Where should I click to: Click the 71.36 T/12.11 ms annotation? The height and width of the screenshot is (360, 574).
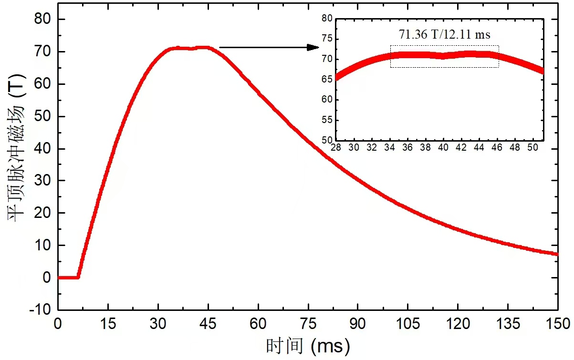(x=445, y=34)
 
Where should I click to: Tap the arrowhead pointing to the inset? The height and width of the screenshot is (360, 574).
(x=313, y=47)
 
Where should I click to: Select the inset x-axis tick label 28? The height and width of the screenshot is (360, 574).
(x=336, y=148)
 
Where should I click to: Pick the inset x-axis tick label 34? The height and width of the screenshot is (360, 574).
(x=390, y=148)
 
